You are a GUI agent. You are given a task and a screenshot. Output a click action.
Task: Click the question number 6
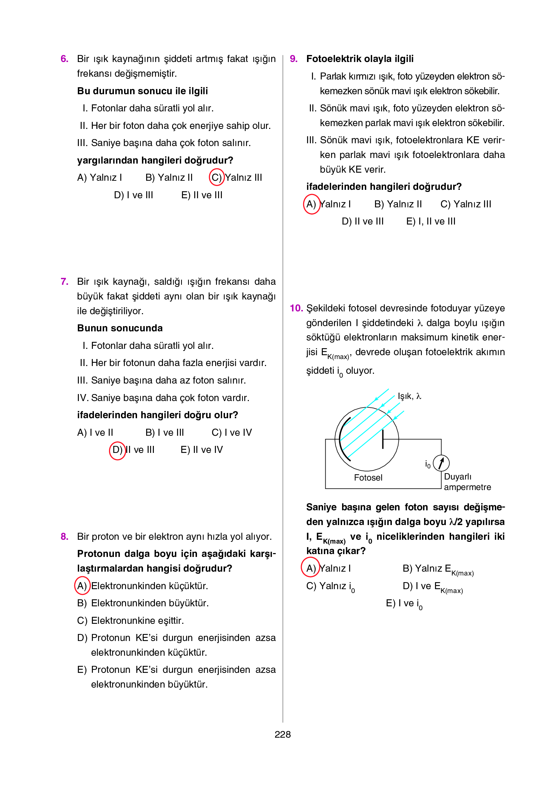(64, 58)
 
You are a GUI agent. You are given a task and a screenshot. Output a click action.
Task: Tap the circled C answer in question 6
(217, 177)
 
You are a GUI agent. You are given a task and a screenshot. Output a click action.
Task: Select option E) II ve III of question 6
(202, 195)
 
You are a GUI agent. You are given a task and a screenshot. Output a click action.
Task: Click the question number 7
(64, 281)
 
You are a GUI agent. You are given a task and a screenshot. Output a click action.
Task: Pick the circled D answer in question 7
(117, 450)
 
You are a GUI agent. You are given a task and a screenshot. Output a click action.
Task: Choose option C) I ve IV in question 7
(231, 433)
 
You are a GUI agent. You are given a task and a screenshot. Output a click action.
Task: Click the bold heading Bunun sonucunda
(120, 328)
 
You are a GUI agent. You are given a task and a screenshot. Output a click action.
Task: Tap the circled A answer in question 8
(82, 586)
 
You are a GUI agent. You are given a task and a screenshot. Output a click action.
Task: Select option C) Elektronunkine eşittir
(130, 621)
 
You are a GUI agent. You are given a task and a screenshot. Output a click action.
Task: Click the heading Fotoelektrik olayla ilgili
(360, 58)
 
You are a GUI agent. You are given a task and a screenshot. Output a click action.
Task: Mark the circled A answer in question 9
(311, 204)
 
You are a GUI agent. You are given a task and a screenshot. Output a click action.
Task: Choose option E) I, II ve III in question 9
(430, 221)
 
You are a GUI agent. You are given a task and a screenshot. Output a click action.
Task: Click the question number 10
(296, 308)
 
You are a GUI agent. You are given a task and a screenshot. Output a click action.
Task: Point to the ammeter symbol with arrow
(441, 463)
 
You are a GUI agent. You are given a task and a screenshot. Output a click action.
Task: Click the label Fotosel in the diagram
(368, 478)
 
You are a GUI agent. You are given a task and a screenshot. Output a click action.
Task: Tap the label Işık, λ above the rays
(409, 396)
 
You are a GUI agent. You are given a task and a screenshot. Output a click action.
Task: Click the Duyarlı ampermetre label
(467, 482)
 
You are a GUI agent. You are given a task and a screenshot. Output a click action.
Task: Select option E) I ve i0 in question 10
(404, 604)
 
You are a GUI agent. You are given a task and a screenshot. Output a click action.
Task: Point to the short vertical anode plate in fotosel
(383, 439)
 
